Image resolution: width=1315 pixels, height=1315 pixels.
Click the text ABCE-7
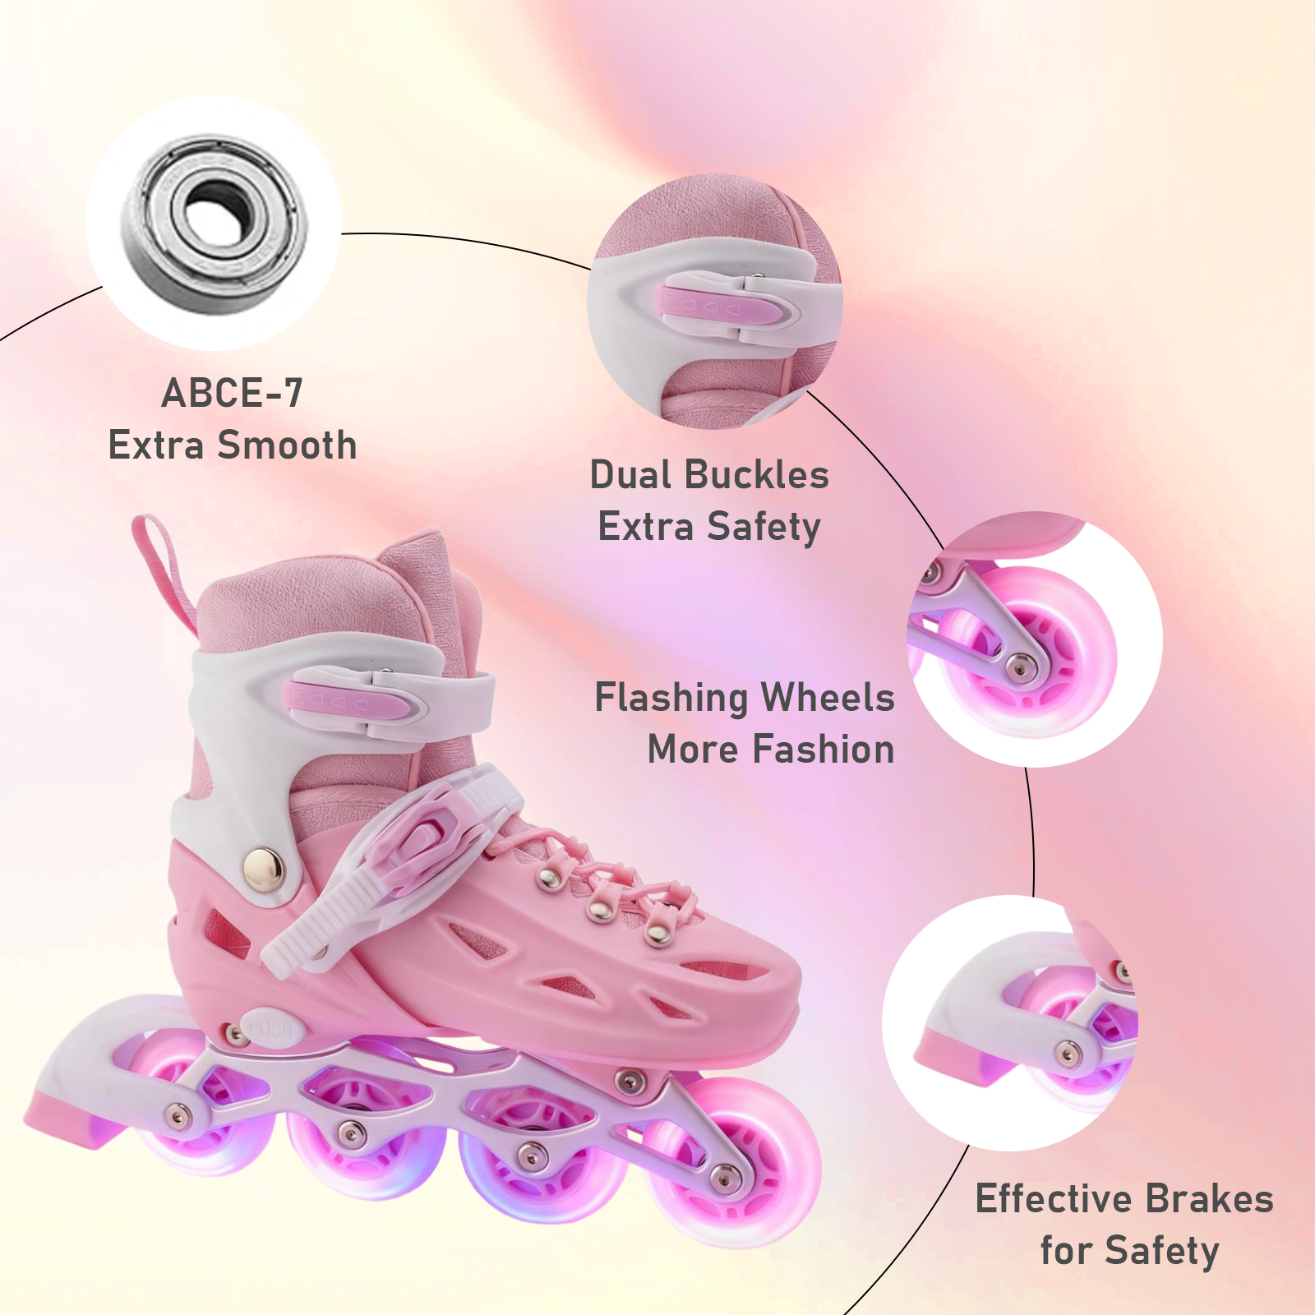(233, 393)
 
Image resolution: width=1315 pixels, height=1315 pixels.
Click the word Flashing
(671, 699)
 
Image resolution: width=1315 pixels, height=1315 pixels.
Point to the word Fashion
(823, 750)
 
